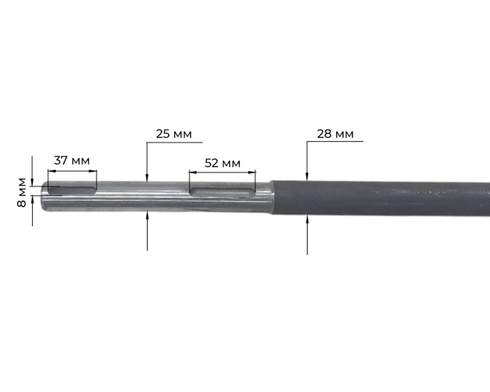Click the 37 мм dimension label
click(x=72, y=160)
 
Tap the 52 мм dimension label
click(x=222, y=163)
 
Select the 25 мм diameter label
click(x=174, y=134)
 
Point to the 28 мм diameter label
click(x=335, y=134)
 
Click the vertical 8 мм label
click(x=22, y=192)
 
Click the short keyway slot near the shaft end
click(x=72, y=190)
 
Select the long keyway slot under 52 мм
click(x=222, y=192)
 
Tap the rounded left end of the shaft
click(x=45, y=196)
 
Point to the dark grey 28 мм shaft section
click(x=381, y=198)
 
